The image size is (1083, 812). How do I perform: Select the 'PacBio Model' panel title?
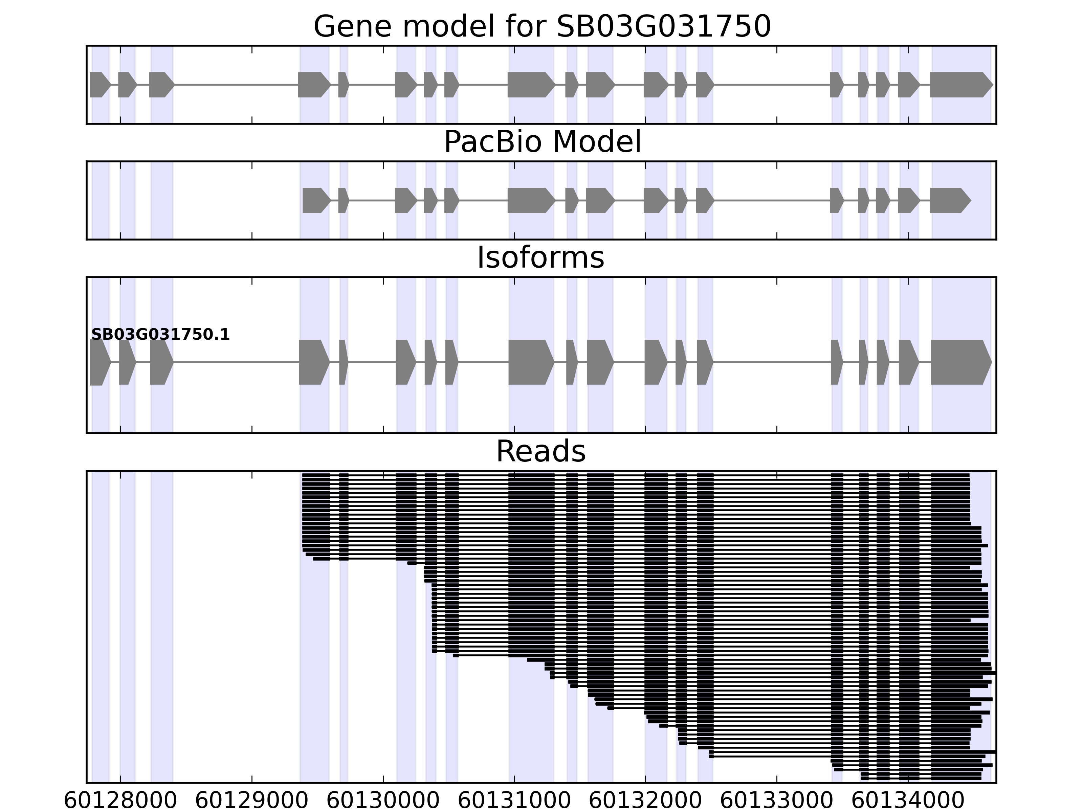click(542, 142)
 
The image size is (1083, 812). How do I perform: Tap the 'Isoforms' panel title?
click(540, 258)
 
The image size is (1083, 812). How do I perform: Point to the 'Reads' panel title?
click(540, 451)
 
